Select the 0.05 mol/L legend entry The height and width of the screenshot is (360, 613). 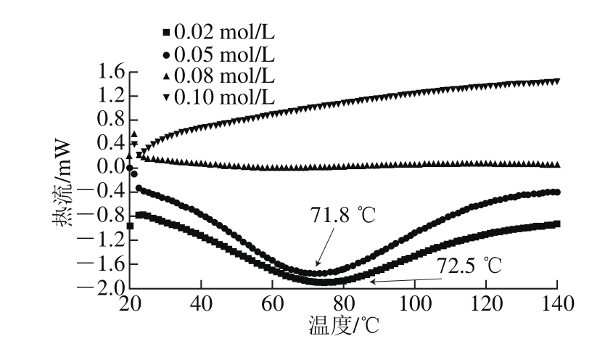[x=218, y=54]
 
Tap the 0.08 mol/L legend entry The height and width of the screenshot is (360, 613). [x=218, y=75]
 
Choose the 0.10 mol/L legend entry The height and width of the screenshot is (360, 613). [x=218, y=97]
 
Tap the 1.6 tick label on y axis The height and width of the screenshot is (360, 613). [x=106, y=72]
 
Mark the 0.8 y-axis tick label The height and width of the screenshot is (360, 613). [x=106, y=120]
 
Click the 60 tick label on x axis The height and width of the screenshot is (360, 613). [x=271, y=303]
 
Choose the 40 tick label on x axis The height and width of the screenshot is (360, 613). [x=200, y=303]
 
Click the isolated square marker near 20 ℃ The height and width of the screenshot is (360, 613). [x=130, y=226]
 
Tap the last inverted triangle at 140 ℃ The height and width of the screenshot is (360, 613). [x=556, y=81]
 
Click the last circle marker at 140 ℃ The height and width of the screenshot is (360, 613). [x=556, y=192]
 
